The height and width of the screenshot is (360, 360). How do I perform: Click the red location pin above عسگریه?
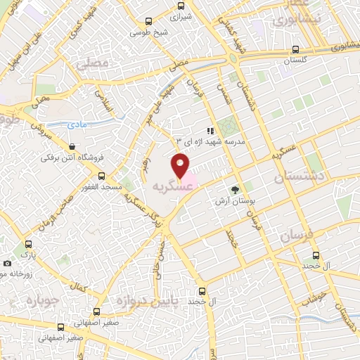tap(181, 167)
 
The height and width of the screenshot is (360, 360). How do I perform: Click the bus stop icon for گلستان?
tap(295, 50)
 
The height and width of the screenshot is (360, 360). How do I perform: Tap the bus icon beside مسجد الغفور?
tap(101, 176)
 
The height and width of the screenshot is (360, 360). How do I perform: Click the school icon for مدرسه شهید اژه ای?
tap(209, 131)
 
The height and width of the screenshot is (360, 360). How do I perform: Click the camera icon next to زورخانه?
tap(7, 263)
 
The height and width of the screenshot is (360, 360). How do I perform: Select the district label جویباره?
tap(40, 300)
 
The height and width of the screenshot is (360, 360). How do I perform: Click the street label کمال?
tap(79, 287)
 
